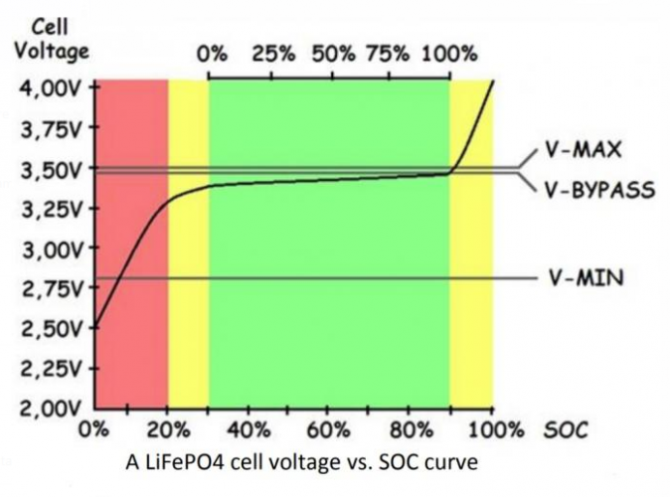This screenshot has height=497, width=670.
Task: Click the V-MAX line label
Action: [584, 151]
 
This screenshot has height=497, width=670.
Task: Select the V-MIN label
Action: [586, 278]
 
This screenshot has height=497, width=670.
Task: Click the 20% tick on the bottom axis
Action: [170, 430]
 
